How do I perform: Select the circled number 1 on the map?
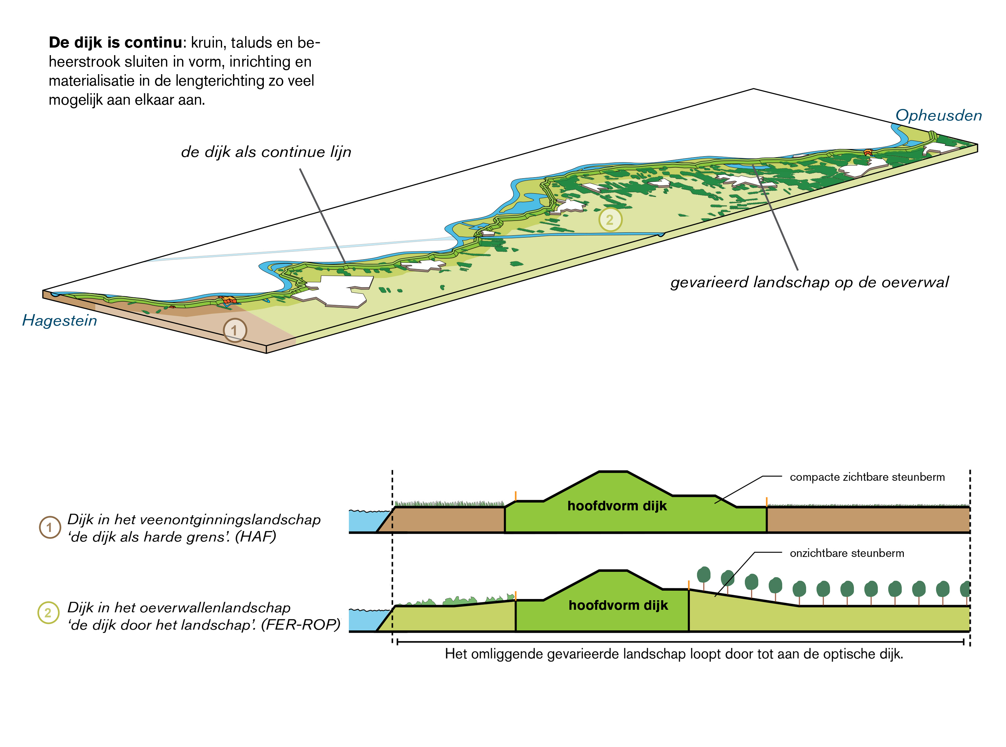[x=235, y=330]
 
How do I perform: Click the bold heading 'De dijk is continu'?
[x=115, y=43]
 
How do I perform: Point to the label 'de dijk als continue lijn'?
[x=266, y=152]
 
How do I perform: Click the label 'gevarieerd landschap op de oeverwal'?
[x=809, y=282]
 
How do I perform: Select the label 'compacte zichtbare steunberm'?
[x=867, y=477]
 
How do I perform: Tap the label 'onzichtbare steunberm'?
[x=846, y=553]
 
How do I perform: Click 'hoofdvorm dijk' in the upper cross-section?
[x=617, y=506]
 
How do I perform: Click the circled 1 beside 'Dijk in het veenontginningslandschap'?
[x=50, y=527]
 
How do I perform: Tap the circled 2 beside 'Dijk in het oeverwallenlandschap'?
[x=48, y=613]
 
